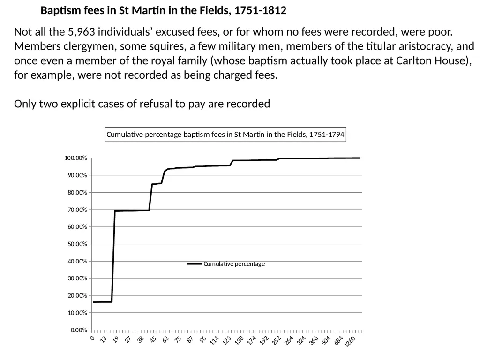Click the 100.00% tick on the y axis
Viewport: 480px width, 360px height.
[x=75, y=158]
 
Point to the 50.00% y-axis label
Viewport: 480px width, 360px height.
[x=77, y=244]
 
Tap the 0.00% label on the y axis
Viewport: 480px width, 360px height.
[x=79, y=330]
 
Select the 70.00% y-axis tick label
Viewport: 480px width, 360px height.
[x=77, y=210]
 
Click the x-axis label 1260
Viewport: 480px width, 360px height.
[x=350, y=342]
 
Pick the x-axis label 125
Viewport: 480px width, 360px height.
[x=226, y=340]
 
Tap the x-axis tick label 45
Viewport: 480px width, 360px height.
[x=153, y=339]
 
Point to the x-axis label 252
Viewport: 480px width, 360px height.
[x=277, y=340]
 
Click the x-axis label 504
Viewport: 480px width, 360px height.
[x=326, y=340]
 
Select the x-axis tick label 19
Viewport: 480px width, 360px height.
[x=116, y=339]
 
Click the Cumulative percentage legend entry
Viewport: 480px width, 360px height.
[x=226, y=264]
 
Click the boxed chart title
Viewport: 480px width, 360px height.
[x=225, y=135]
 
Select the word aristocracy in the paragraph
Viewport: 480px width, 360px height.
[x=422, y=46]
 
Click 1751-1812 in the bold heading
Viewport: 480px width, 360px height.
[x=260, y=10]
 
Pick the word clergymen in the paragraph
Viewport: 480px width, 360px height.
[x=90, y=46]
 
